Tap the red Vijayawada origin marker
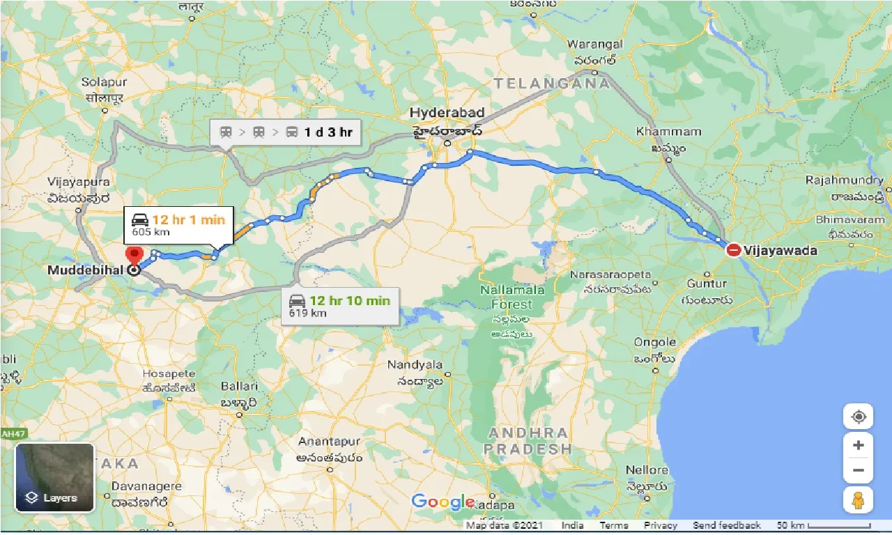click(733, 250)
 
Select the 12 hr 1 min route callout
click(178, 226)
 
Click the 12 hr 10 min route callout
click(339, 306)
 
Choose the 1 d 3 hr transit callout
click(286, 132)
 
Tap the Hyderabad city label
click(447, 113)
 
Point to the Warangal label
click(594, 45)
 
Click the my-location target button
click(858, 417)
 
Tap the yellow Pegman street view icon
click(858, 500)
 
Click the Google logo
click(443, 502)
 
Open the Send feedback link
click(727, 525)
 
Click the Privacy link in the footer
click(661, 525)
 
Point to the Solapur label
click(103, 82)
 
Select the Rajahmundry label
click(845, 180)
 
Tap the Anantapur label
click(329, 442)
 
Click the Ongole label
click(654, 342)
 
